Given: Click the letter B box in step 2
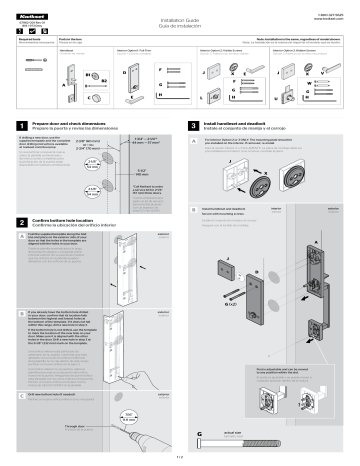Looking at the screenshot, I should [10, 343].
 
